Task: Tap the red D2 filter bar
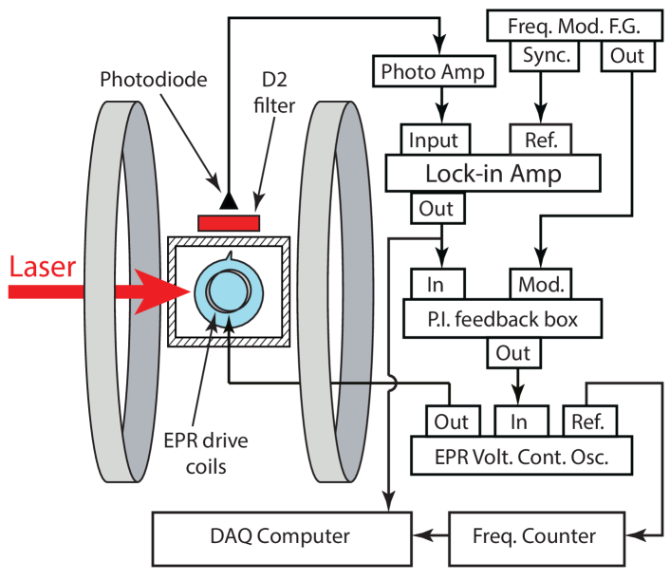pyautogui.click(x=228, y=222)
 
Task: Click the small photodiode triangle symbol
pyautogui.click(x=226, y=199)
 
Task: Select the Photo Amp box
pyautogui.click(x=432, y=71)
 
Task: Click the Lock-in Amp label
pyautogui.click(x=493, y=174)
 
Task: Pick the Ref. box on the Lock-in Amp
pyautogui.click(x=541, y=141)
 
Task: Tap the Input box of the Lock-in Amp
pyautogui.click(x=433, y=141)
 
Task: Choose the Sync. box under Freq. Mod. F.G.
pyautogui.click(x=546, y=55)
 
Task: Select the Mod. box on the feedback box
pyautogui.click(x=541, y=284)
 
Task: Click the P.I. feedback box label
pyautogui.click(x=503, y=318)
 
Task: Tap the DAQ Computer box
pyautogui.click(x=281, y=535)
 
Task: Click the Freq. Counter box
pyautogui.click(x=533, y=535)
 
